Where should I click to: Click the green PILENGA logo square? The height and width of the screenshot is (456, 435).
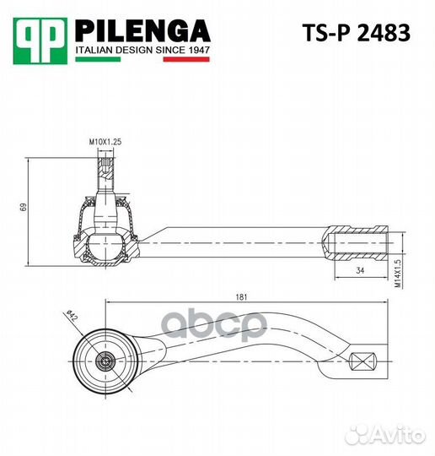click(40, 41)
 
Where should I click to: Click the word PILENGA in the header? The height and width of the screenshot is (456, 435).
click(142, 31)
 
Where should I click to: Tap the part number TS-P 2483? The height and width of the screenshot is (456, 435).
click(356, 33)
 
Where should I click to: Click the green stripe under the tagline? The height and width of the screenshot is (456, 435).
click(98, 59)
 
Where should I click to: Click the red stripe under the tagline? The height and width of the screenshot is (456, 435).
click(186, 59)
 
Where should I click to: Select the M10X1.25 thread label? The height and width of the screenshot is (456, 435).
click(105, 142)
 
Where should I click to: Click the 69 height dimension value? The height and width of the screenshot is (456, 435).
click(23, 207)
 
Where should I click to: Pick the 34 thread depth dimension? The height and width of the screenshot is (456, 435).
click(360, 270)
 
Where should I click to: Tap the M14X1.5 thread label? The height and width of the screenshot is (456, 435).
click(398, 274)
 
